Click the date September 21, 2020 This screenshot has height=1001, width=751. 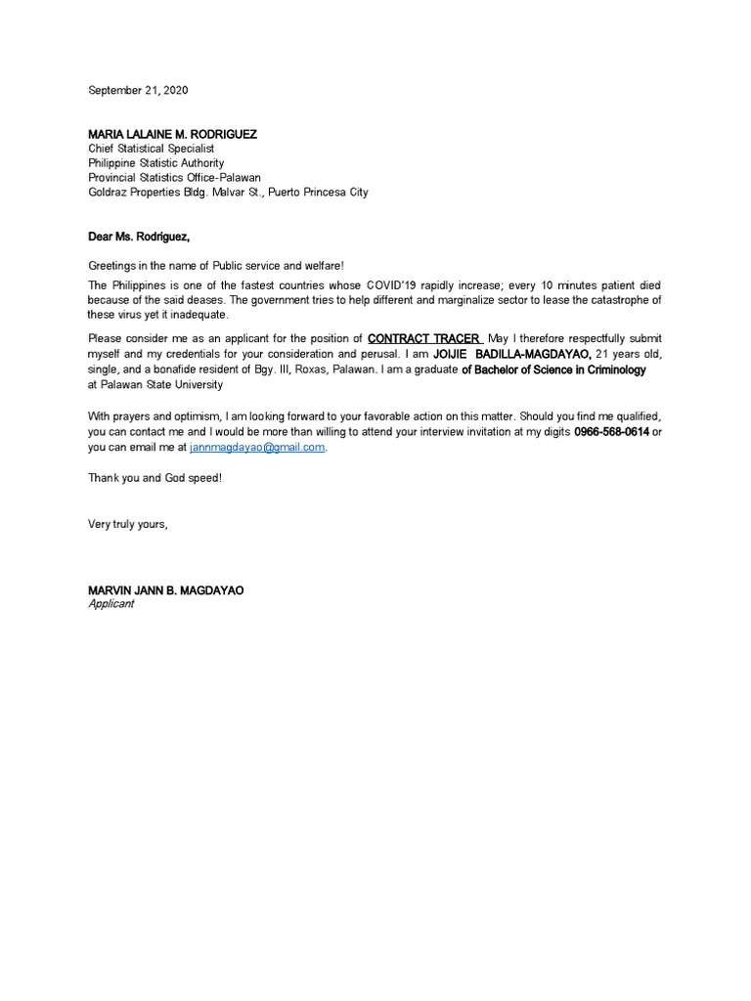(x=138, y=90)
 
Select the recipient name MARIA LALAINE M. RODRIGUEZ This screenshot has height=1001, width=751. (x=173, y=134)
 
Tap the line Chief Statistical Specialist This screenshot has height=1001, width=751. (x=151, y=149)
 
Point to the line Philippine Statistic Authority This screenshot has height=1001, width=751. (x=156, y=163)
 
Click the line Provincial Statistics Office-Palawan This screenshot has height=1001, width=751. (x=175, y=178)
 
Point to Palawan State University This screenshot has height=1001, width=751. (x=162, y=384)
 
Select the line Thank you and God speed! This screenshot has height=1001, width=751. (x=155, y=478)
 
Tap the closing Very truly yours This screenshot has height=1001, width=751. (x=128, y=524)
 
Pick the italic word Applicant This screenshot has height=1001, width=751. (x=110, y=604)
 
